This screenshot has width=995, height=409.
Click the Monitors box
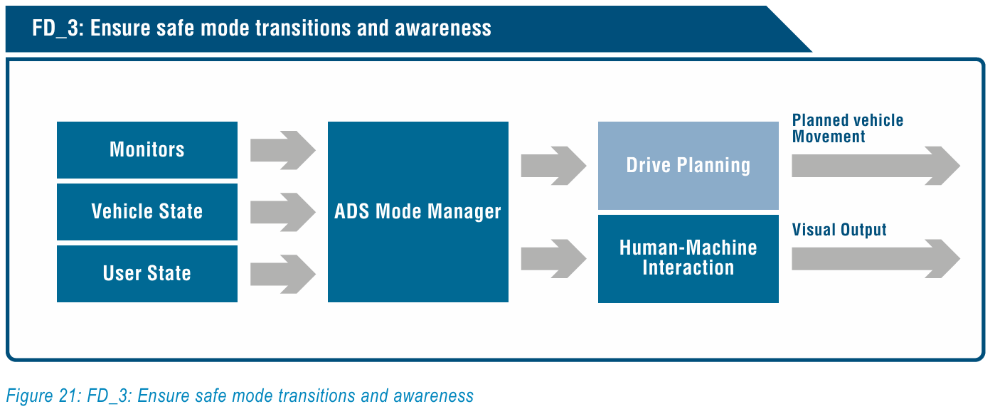(147, 149)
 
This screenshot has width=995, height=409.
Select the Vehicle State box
(147, 212)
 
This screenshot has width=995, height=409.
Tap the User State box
(147, 274)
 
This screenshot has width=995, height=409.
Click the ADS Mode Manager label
(417, 211)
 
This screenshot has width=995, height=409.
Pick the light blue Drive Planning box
(688, 166)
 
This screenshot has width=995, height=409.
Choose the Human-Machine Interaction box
(688, 259)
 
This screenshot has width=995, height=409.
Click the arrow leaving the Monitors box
(283, 150)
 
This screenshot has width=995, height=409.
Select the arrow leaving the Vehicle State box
(283, 212)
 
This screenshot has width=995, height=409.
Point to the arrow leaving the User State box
(283, 274)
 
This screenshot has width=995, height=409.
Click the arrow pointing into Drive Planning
(553, 166)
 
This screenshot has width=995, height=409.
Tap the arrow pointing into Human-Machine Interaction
(553, 258)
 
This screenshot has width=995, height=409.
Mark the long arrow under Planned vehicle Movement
(876, 166)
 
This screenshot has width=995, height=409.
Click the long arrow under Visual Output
(876, 258)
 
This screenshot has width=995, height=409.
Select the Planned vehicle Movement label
(848, 128)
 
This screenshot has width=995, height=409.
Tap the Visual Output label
(839, 230)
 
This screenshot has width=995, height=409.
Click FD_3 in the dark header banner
(56, 28)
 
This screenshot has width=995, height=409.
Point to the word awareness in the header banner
(443, 28)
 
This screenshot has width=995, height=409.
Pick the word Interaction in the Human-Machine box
(688, 267)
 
